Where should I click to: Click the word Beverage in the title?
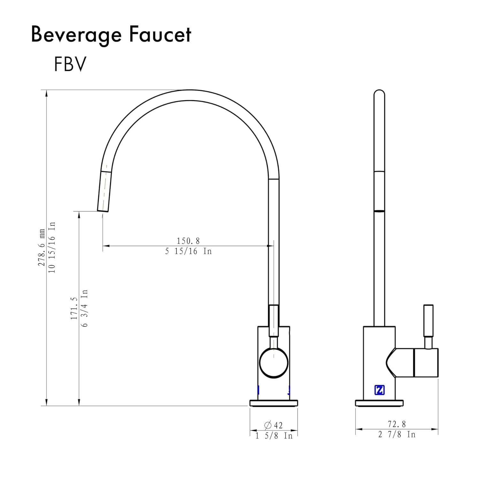[76, 35]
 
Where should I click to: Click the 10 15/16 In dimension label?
[52, 247]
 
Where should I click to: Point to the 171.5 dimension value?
[74, 308]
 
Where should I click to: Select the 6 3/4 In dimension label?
[85, 308]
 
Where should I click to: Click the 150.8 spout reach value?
[188, 241]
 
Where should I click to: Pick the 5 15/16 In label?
[188, 251]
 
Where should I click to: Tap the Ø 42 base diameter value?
[273, 425]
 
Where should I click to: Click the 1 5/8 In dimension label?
[274, 436]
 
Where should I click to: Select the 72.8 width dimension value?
[397, 424]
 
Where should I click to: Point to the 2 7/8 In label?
[397, 435]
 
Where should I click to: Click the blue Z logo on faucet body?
[379, 390]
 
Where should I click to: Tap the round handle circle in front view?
[274, 363]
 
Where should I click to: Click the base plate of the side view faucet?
[379, 403]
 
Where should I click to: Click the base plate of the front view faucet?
[274, 403]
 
